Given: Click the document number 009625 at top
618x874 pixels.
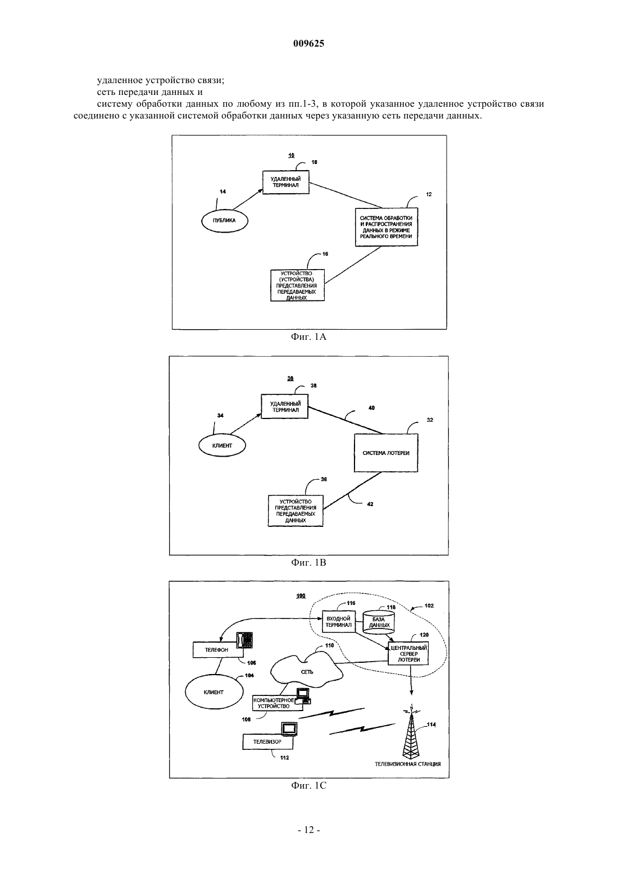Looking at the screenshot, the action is click(x=308, y=44).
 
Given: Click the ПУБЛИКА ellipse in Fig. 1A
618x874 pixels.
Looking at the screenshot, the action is click(x=224, y=220).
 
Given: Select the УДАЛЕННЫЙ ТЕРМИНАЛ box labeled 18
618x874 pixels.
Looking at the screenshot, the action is click(x=285, y=182).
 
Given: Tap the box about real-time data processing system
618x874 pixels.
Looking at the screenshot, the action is click(x=387, y=227).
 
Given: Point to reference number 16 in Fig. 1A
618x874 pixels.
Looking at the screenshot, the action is click(x=325, y=254).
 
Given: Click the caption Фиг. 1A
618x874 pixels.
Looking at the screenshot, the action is click(x=308, y=336).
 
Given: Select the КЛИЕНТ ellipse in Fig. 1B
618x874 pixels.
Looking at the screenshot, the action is click(x=222, y=445).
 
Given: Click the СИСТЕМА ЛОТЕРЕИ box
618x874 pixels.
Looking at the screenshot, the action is click(x=386, y=453).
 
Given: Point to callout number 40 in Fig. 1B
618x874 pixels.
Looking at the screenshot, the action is click(x=371, y=408).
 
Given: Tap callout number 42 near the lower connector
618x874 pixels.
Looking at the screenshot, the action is click(x=370, y=504).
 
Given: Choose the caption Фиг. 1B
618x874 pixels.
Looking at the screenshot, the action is click(x=308, y=562).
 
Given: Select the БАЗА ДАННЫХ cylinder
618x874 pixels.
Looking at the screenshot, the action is click(x=379, y=622).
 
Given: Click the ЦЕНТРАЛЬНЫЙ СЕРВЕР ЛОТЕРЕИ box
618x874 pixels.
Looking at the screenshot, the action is click(x=408, y=654).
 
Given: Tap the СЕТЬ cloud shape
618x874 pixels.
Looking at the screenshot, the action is click(x=307, y=670).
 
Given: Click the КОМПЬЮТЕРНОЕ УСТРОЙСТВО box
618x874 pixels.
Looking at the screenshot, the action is click(x=278, y=703).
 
